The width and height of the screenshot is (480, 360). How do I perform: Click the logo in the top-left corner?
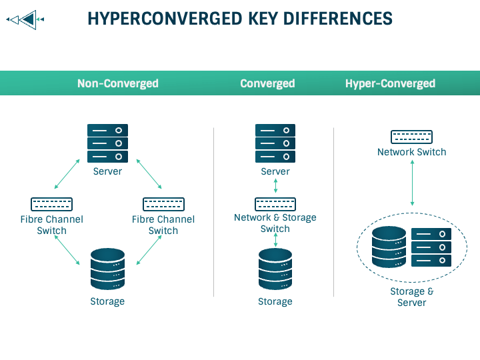point(25,20)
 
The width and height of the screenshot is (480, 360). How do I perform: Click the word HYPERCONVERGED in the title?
point(165,19)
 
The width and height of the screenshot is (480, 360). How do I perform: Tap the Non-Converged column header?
point(118,83)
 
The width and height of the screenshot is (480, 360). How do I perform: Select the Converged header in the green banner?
point(267,83)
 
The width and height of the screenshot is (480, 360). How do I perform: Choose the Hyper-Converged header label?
point(390,83)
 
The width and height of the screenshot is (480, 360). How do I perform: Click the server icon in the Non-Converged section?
point(107,143)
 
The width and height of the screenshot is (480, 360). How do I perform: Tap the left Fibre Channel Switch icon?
point(52,204)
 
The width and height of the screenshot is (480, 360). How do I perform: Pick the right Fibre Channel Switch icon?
point(163,204)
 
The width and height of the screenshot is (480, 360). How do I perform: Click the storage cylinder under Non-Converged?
point(107,269)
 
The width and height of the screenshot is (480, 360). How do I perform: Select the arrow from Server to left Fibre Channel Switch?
point(67,174)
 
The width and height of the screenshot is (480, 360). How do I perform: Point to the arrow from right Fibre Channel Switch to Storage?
point(149,250)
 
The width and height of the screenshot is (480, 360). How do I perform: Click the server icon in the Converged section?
point(275,143)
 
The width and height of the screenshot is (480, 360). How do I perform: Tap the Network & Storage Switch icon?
point(275,204)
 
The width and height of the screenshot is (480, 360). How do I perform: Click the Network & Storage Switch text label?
point(275,223)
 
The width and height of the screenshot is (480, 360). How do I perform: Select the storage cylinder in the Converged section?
point(275,269)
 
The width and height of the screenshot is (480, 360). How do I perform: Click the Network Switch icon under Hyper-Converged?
point(412,137)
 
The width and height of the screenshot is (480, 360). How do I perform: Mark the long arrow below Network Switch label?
point(413,183)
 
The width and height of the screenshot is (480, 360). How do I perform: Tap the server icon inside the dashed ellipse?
point(431,247)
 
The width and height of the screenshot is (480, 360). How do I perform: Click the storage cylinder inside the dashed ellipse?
point(389,247)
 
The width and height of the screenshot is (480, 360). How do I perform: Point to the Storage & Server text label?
point(412,297)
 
